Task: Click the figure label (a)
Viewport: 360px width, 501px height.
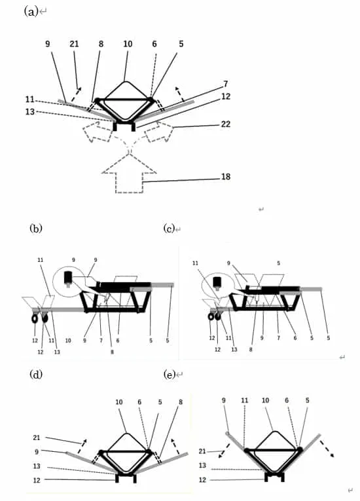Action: click(x=31, y=12)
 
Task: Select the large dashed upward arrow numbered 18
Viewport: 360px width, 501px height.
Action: click(x=129, y=174)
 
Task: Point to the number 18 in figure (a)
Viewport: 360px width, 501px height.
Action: click(x=226, y=177)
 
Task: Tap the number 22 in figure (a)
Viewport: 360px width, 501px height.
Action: click(x=226, y=124)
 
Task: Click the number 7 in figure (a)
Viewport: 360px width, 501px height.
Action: click(x=226, y=84)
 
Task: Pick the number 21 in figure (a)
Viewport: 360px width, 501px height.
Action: click(x=74, y=44)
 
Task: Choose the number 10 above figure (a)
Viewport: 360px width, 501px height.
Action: click(x=128, y=44)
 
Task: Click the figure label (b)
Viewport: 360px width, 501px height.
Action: click(x=36, y=229)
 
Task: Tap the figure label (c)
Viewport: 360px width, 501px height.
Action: click(x=169, y=229)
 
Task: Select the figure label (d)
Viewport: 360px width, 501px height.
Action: click(x=36, y=374)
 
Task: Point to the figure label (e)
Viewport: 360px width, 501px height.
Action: click(x=169, y=374)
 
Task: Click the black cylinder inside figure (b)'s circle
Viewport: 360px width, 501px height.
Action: click(x=68, y=278)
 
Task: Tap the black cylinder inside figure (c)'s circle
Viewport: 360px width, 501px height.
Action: click(x=217, y=281)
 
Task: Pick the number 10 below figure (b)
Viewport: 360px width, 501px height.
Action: click(x=68, y=341)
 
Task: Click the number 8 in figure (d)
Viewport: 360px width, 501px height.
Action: click(x=181, y=402)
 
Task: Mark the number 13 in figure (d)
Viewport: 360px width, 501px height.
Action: click(x=37, y=466)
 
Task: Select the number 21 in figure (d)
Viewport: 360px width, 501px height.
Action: click(x=37, y=437)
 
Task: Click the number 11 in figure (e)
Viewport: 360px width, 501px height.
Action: click(x=244, y=400)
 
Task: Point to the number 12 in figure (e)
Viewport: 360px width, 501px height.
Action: click(x=202, y=480)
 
